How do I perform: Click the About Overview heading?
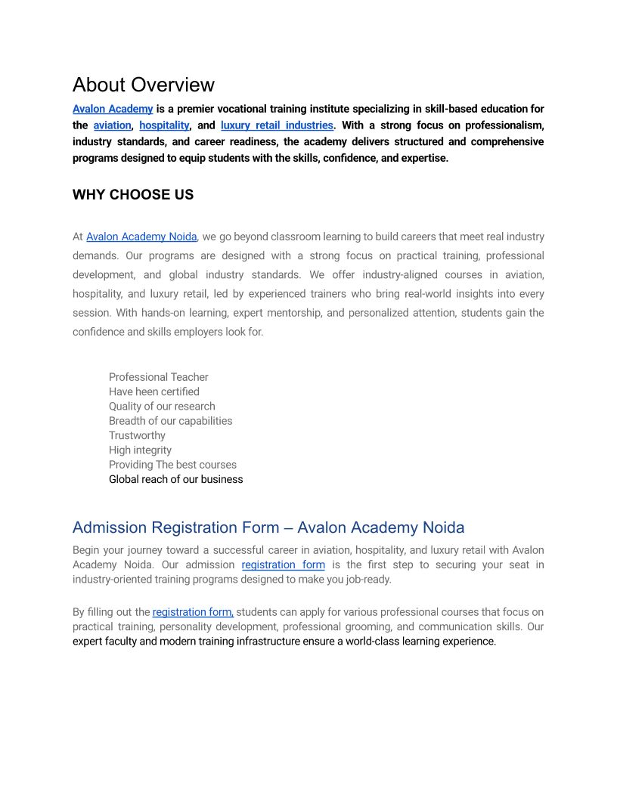(144, 85)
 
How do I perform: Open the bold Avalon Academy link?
(113, 109)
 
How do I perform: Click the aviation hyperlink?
(112, 125)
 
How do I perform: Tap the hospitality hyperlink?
(164, 125)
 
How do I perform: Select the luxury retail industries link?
(277, 125)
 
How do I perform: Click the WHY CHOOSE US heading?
(133, 195)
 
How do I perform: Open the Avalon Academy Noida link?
(141, 237)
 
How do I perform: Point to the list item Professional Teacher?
(158, 377)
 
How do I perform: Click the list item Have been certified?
(153, 391)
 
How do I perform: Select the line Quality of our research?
(162, 406)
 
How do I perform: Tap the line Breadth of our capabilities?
(170, 421)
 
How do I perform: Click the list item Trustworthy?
(137, 435)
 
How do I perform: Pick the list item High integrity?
(140, 450)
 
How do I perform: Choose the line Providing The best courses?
(172, 465)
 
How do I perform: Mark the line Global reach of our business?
(175, 479)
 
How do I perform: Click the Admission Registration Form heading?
(268, 527)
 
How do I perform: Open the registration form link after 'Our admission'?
(283, 564)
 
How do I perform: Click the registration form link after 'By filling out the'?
(193, 612)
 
